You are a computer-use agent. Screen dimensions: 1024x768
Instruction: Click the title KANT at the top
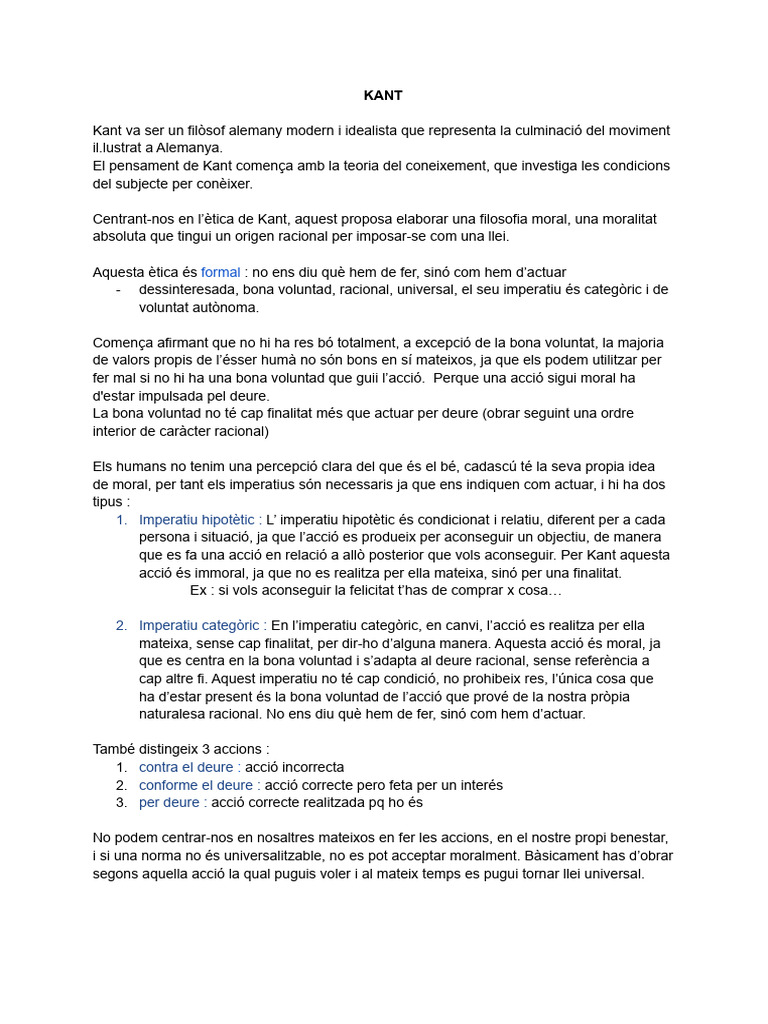click(383, 96)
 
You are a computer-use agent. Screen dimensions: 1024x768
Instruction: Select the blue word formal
click(220, 272)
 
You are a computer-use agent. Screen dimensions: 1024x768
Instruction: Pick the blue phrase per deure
click(169, 803)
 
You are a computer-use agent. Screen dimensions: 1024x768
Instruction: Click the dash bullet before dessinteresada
click(119, 290)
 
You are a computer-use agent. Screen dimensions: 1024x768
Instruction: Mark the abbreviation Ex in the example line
click(199, 591)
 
